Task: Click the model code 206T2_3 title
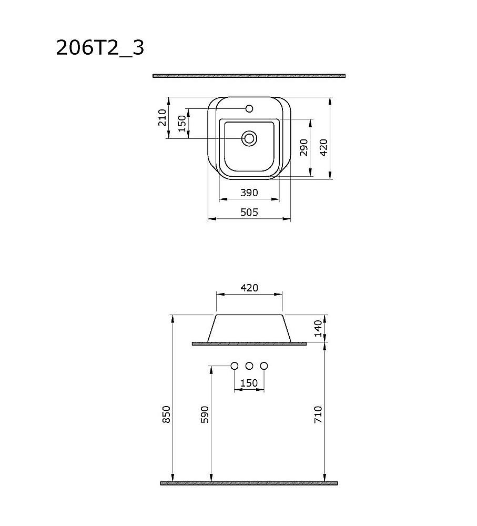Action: click(x=100, y=48)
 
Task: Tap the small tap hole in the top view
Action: click(x=249, y=109)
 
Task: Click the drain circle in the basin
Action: click(x=249, y=138)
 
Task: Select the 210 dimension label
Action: click(x=163, y=117)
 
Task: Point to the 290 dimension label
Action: click(x=303, y=148)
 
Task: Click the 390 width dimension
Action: click(x=249, y=193)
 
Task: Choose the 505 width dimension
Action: click(x=249, y=213)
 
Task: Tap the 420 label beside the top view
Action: click(x=323, y=148)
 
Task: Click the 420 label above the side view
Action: click(x=249, y=288)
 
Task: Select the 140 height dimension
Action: click(x=318, y=328)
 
